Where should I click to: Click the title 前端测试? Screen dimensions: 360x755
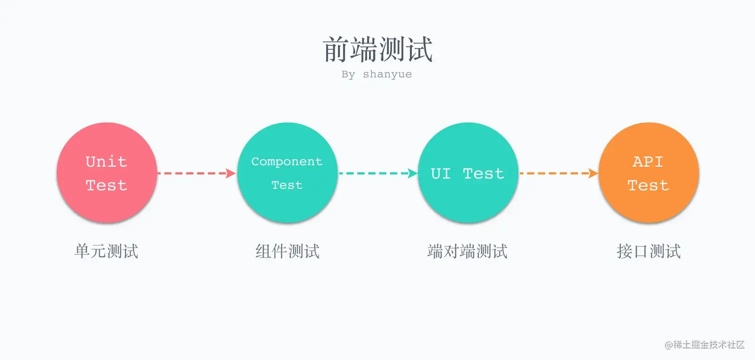point(378,49)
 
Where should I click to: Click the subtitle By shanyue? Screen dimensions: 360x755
point(377,74)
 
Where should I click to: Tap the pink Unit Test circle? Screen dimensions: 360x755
point(107,173)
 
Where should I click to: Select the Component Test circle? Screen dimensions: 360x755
point(287,173)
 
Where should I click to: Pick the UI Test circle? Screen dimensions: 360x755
point(467,173)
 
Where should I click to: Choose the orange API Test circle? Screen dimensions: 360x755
point(648,173)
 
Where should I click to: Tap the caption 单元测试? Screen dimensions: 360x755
point(106,251)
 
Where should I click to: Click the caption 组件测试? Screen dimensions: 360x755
point(287,251)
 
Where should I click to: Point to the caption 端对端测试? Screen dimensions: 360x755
point(467,251)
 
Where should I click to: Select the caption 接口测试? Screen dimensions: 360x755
point(649,251)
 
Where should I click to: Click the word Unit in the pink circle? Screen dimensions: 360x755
point(106,162)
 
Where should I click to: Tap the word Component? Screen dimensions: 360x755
point(287,162)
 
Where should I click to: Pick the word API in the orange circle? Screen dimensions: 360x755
point(648,162)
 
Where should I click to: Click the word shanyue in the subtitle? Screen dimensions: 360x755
point(387,74)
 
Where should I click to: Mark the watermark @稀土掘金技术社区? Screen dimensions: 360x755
point(704,345)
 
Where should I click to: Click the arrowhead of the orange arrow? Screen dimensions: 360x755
point(594,173)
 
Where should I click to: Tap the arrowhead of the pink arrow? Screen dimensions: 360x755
point(231,173)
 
